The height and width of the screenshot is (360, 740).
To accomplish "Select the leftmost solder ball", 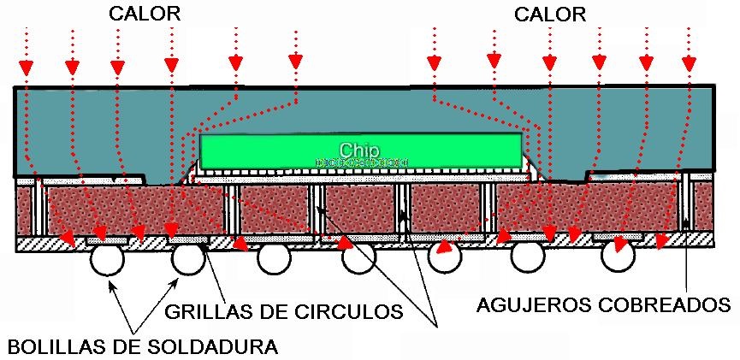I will coord(109,259).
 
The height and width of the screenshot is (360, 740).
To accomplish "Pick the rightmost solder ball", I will coord(618,255).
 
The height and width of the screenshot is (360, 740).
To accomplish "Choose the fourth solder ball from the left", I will coord(359,259).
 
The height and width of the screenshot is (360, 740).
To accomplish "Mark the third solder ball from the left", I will coord(274,259).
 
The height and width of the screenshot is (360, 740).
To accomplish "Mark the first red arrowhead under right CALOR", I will coord(435,62).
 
